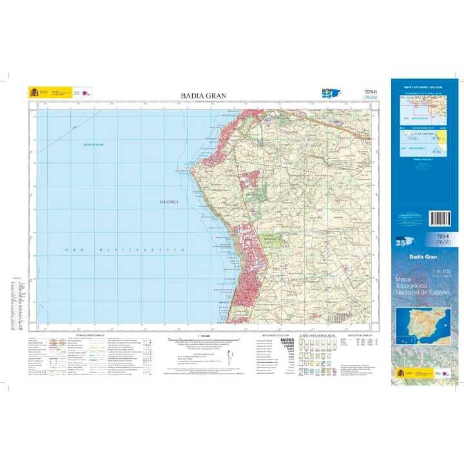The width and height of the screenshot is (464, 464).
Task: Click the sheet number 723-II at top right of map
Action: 370,92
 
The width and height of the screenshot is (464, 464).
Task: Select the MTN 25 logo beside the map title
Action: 329,95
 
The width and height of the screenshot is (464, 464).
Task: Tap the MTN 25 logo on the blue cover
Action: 404,242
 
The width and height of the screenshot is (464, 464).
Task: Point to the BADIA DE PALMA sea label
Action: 93,144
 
